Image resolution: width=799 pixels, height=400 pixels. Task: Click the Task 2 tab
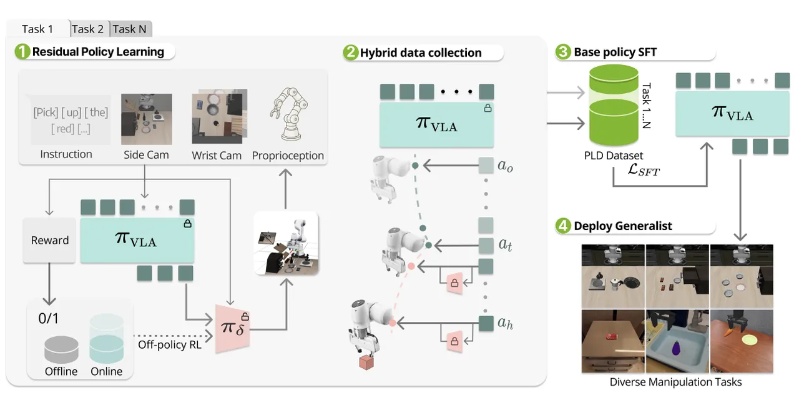[x=87, y=29]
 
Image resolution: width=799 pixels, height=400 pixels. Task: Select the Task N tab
[x=132, y=29]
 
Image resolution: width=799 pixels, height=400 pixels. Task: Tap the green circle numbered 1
[x=23, y=52]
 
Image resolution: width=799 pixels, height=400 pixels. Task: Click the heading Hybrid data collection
[x=420, y=52]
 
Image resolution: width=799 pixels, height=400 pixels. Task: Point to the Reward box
[x=50, y=240]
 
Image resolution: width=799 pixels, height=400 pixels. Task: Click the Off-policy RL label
[x=170, y=344]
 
